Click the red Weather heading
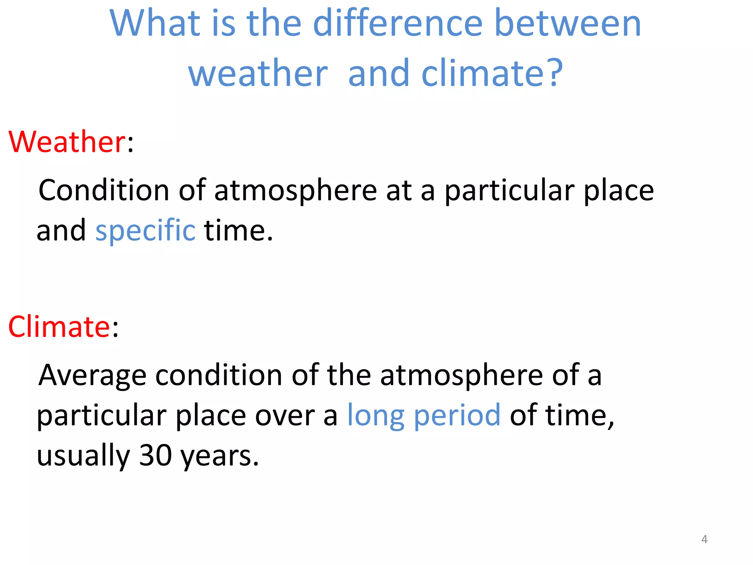pos(67,142)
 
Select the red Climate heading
pos(59,327)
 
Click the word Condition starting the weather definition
pos(104,190)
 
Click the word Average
pos(92,376)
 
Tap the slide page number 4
pos(704,539)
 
